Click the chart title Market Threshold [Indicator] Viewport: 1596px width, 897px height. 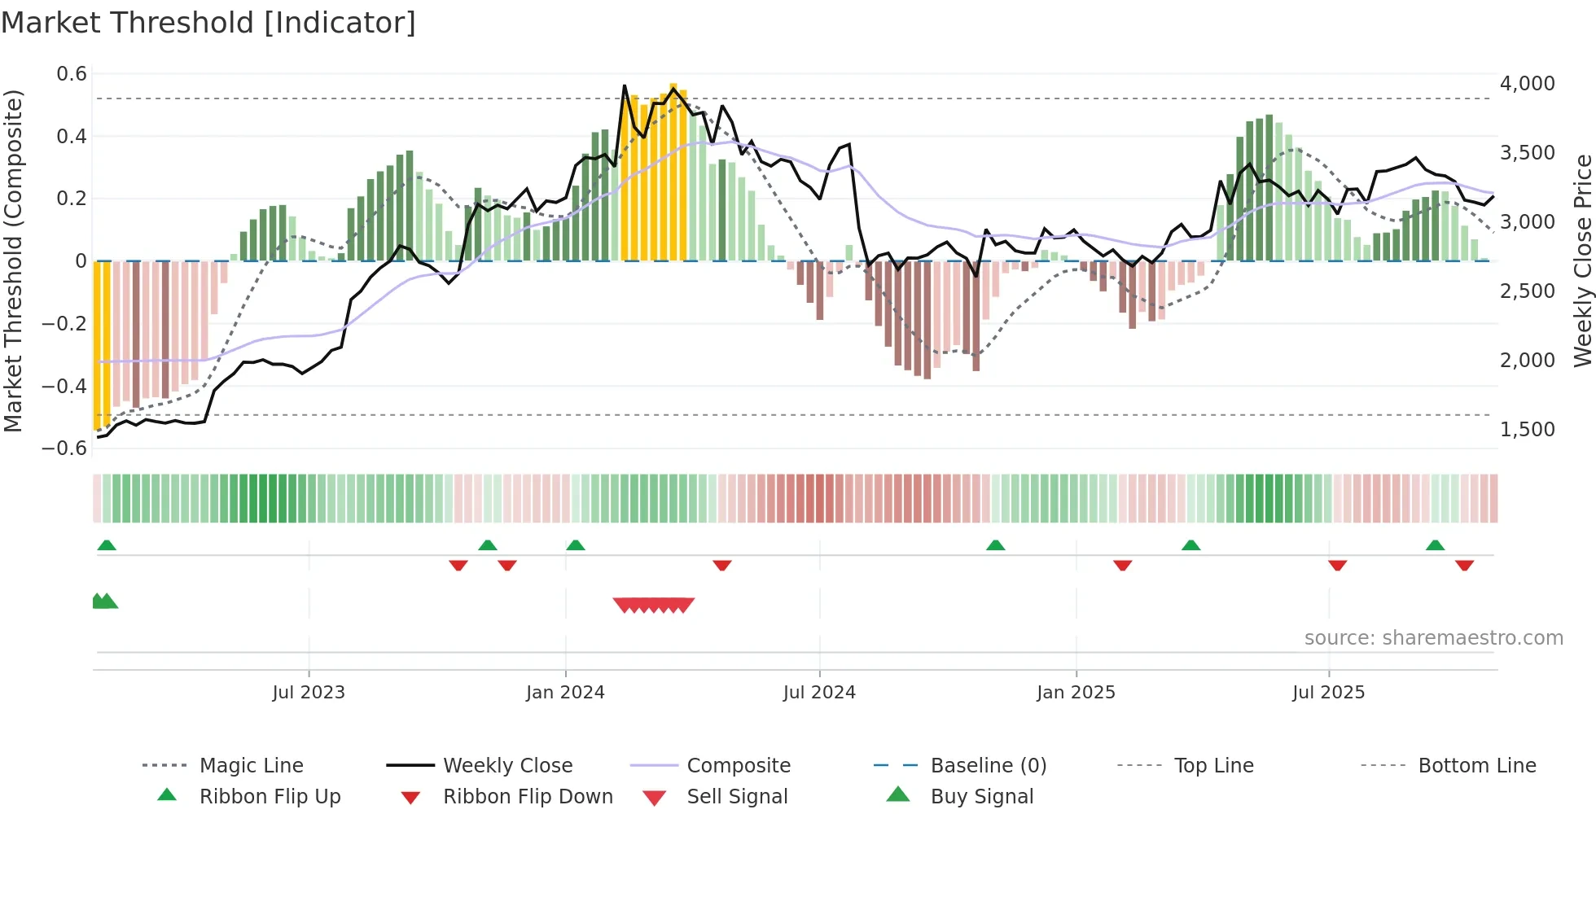click(208, 23)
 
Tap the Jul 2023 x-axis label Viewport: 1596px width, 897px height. click(309, 693)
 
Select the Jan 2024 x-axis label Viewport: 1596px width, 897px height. click(565, 693)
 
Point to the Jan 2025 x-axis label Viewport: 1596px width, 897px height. click(1076, 693)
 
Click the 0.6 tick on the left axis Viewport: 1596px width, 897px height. click(72, 74)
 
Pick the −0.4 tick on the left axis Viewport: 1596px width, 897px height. click(64, 386)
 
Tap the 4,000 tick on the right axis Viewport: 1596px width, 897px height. click(1527, 84)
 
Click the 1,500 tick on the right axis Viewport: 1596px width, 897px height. click(1527, 430)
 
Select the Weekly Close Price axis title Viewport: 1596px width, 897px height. click(1582, 260)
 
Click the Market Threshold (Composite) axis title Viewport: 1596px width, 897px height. click(13, 260)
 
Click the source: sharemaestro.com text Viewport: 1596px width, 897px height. click(1433, 638)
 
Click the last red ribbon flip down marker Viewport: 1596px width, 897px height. click(1464, 565)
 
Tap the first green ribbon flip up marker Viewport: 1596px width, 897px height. click(107, 545)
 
